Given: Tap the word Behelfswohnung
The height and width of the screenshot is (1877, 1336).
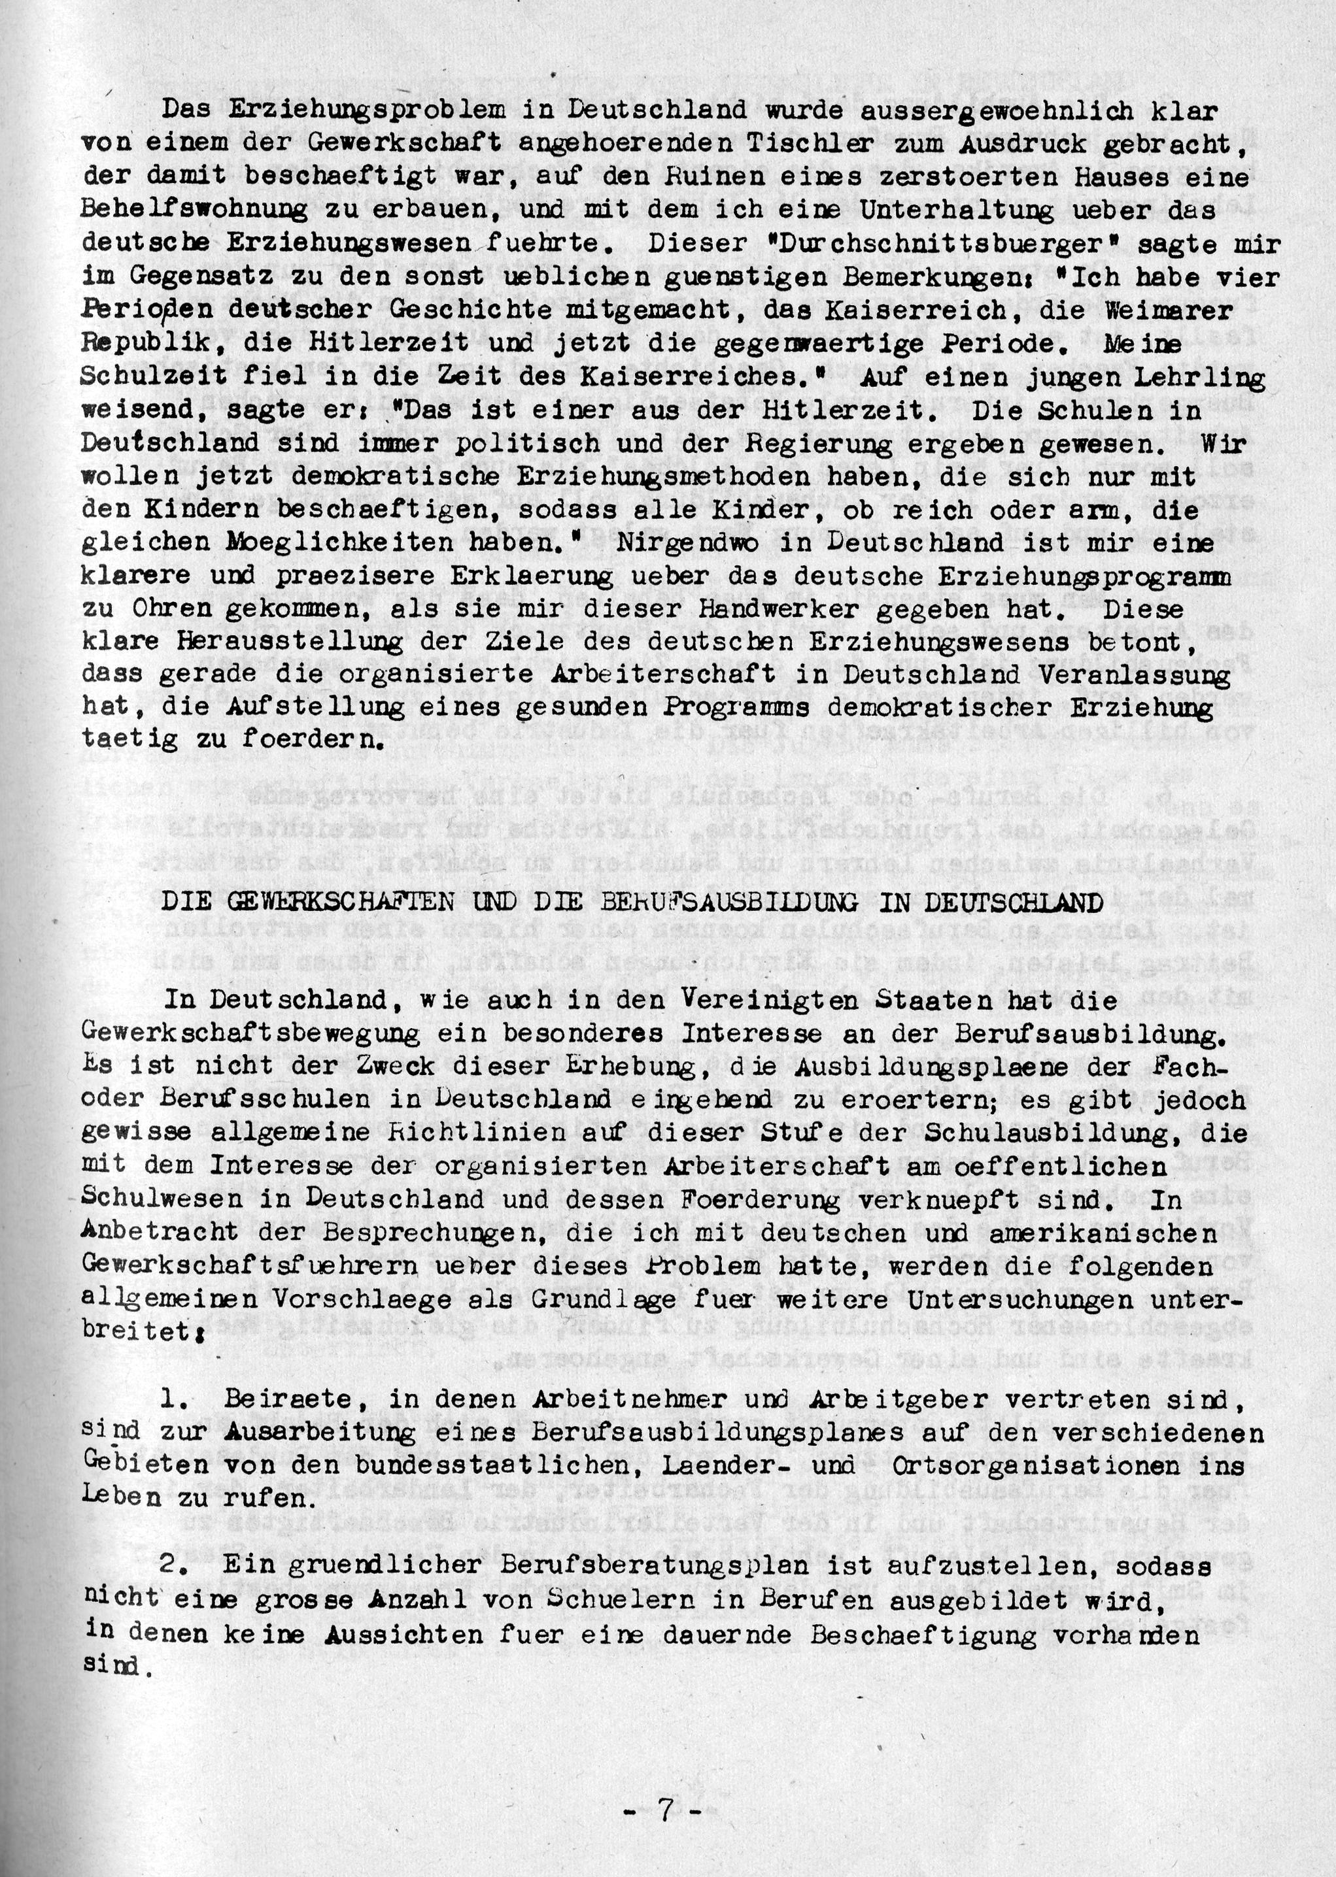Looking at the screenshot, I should coord(194,211).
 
